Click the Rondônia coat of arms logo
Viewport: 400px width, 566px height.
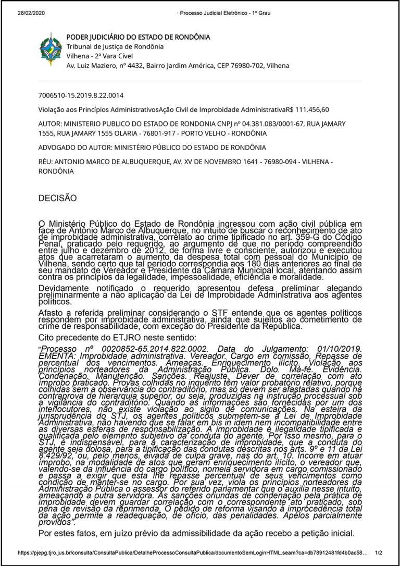pyautogui.click(x=49, y=49)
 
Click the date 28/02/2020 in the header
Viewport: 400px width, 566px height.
pyautogui.click(x=32, y=13)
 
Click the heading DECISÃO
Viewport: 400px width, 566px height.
pyautogui.click(x=57, y=198)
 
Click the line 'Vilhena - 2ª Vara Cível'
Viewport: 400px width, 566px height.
pyautogui.click(x=99, y=56)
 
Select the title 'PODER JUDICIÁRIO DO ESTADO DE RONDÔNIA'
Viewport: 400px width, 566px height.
pyautogui.click(x=138, y=37)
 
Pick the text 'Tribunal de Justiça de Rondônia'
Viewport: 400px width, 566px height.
pyautogui.click(x=115, y=46)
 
